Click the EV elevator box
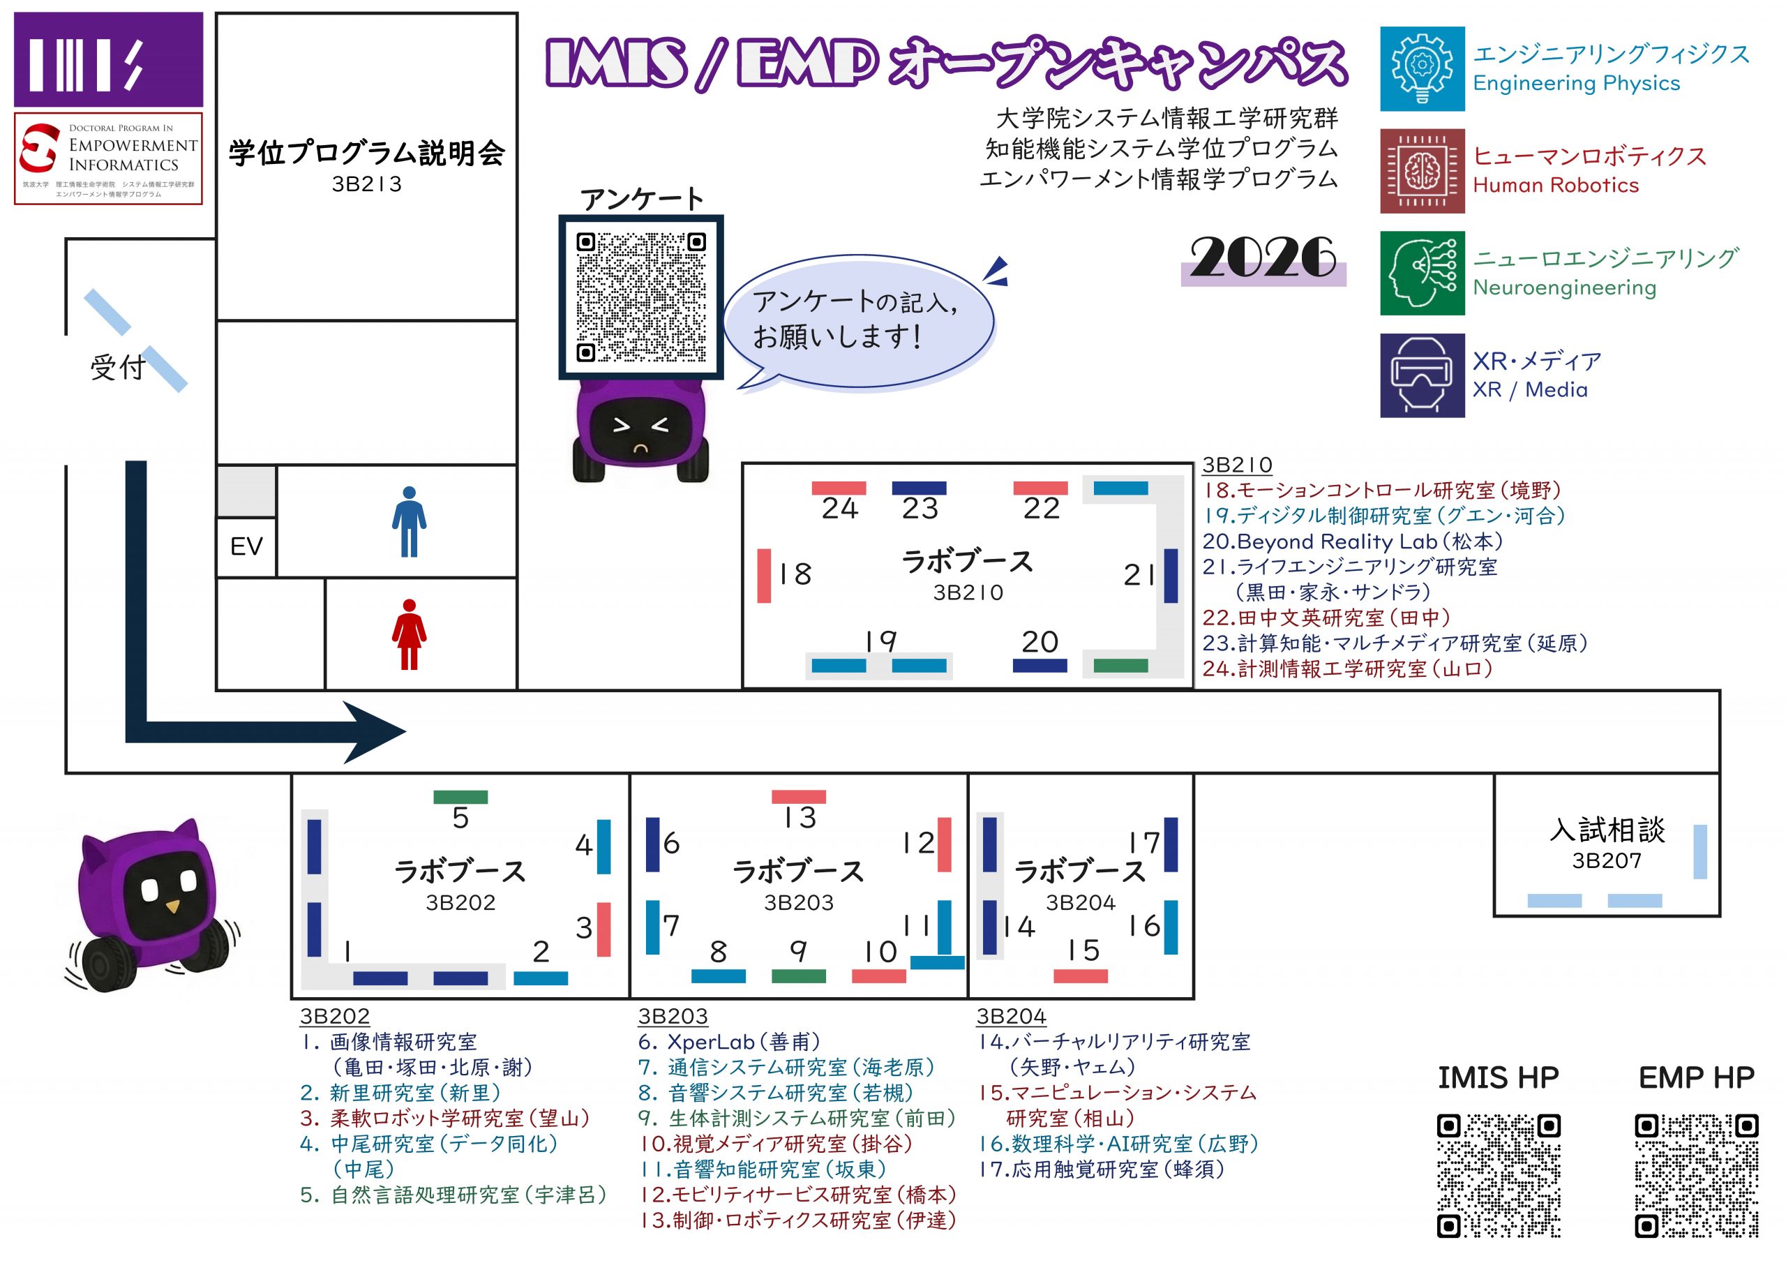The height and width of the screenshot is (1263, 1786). [x=246, y=546]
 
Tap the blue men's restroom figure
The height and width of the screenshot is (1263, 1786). [x=409, y=521]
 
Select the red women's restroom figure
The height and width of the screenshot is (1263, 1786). [x=409, y=634]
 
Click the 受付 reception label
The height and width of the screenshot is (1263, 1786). [x=117, y=366]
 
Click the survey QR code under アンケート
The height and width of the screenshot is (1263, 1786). [x=641, y=297]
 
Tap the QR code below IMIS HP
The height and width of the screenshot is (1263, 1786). [x=1498, y=1175]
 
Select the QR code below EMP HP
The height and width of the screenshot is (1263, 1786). [x=1697, y=1175]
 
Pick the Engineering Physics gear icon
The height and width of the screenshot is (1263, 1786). [x=1422, y=68]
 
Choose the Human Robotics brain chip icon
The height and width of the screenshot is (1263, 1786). [x=1422, y=171]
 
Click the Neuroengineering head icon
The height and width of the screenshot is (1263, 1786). [x=1422, y=273]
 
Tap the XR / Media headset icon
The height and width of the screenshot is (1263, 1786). [x=1422, y=376]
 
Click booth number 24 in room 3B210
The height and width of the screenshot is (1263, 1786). [x=839, y=508]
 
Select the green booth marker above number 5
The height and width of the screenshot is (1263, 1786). [x=460, y=797]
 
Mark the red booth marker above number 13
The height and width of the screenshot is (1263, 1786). [x=799, y=797]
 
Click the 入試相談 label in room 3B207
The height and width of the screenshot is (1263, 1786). [x=1607, y=830]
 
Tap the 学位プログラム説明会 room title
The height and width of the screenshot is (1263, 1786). [x=366, y=154]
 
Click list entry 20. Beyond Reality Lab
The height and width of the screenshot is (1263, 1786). [x=1352, y=541]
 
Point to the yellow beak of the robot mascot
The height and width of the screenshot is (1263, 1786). [x=173, y=906]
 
